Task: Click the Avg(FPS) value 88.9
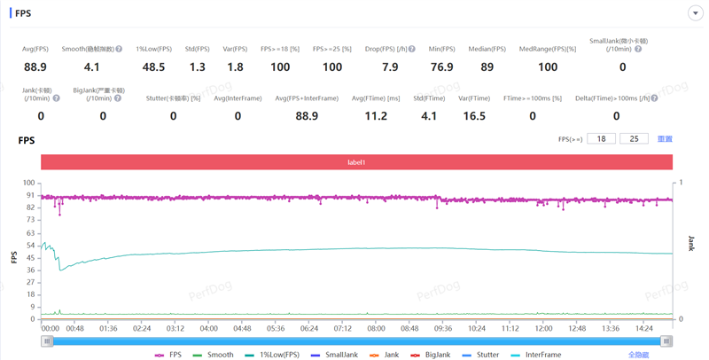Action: (35, 67)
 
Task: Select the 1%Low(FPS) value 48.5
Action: (153, 67)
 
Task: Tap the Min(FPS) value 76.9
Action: (441, 67)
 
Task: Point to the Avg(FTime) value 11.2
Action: (376, 116)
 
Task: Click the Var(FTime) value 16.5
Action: (474, 116)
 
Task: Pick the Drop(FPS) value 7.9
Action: (390, 67)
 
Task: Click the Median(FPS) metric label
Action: (487, 49)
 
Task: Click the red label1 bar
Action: (356, 162)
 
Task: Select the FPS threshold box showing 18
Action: (601, 139)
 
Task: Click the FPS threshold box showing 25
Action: (635, 139)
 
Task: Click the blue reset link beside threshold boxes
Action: (665, 139)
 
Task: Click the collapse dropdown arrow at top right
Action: (695, 13)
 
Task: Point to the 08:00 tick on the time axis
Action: (376, 328)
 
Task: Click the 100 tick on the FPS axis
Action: (30, 183)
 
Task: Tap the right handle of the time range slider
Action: (666, 341)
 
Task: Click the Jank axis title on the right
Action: (691, 243)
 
